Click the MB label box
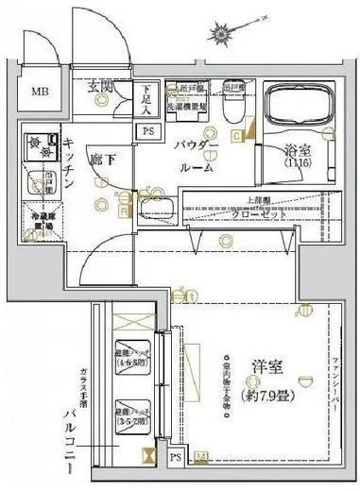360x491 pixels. click(39, 92)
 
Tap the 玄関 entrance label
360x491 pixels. click(102, 87)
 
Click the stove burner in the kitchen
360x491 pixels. click(42, 144)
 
